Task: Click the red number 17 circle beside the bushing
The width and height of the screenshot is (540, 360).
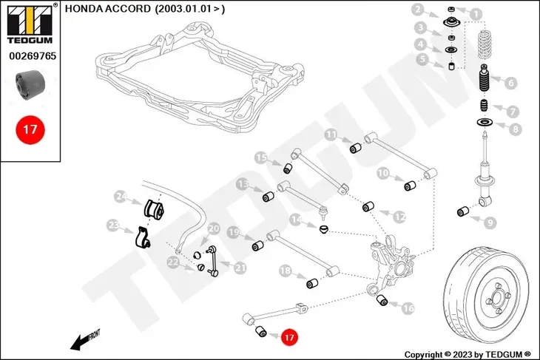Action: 289,337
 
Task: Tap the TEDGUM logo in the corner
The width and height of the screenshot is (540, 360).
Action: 30,24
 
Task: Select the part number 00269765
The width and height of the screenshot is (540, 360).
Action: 33,55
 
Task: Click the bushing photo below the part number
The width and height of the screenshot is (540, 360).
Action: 30,84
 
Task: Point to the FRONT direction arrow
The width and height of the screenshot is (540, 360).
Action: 85,340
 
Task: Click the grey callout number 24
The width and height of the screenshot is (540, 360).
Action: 121,197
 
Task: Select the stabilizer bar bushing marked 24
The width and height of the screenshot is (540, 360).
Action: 154,209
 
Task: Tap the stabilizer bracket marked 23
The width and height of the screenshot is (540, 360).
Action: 142,237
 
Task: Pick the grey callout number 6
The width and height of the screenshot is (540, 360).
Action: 510,83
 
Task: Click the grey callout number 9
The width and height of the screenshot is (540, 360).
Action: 490,223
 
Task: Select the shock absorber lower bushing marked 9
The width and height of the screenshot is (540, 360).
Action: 463,211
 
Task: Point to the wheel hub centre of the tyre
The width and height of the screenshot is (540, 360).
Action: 497,297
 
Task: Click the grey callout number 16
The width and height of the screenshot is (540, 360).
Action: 408,308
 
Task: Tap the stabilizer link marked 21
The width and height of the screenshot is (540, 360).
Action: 212,261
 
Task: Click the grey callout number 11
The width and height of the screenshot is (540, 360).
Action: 331,135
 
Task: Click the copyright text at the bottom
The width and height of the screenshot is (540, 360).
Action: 468,354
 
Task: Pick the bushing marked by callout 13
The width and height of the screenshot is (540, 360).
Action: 269,197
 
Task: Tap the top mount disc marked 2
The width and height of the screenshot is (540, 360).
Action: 451,24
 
